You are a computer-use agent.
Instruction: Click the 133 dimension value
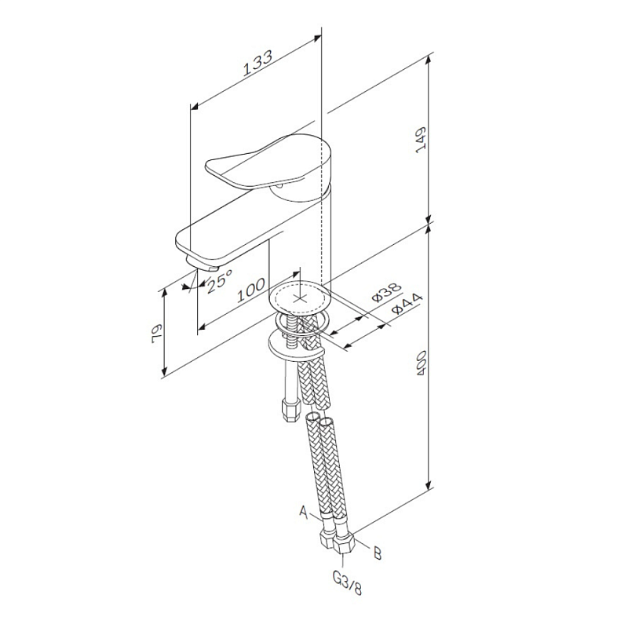coord(258,63)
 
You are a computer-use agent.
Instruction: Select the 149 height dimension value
coord(421,141)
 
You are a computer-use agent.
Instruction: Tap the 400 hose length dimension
coord(421,363)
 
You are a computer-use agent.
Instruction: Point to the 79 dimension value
coord(156,333)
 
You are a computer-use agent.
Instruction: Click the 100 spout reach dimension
coord(251,290)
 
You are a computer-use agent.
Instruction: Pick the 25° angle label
coord(220,281)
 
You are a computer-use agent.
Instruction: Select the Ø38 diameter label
coord(386,292)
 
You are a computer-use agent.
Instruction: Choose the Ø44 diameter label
coord(407,304)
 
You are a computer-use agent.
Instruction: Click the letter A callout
coord(305,512)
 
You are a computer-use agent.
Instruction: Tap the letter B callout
coord(378,553)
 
